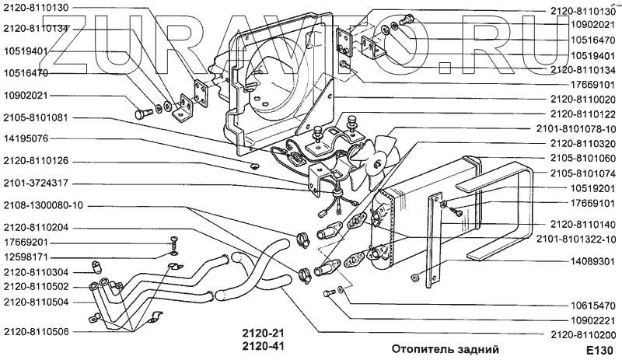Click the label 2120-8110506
coord(37,330)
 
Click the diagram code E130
coord(599,351)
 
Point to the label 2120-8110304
coord(37,272)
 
